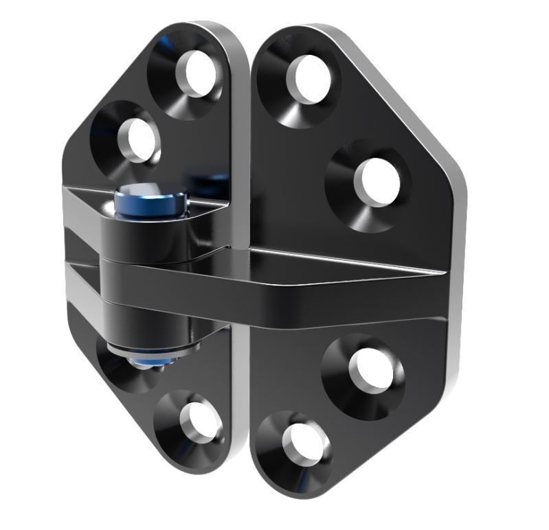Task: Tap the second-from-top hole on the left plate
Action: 138,137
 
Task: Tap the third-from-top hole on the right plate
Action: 371,371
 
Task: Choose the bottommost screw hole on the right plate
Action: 302,439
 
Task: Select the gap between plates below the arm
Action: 242,398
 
